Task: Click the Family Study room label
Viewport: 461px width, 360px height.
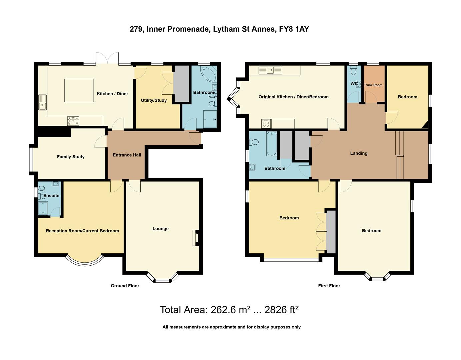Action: pos(71,157)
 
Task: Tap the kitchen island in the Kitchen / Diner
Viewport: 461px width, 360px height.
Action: pos(79,90)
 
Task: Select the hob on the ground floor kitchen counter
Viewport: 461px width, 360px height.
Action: pos(73,121)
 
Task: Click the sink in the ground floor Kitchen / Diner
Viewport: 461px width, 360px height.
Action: pos(42,103)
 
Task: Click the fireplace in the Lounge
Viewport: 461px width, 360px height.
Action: pos(195,238)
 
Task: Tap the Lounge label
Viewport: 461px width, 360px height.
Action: pos(160,229)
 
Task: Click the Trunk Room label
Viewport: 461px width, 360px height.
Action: pos(373,85)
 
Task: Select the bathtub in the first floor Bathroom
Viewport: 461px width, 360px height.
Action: pos(271,144)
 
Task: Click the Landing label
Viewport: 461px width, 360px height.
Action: pos(359,153)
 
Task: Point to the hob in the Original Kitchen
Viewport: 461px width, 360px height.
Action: pos(266,124)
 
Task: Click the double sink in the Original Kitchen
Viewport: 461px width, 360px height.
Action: pos(270,70)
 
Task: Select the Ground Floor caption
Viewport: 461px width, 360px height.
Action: pos(125,286)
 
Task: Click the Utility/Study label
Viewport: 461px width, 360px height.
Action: pos(154,100)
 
